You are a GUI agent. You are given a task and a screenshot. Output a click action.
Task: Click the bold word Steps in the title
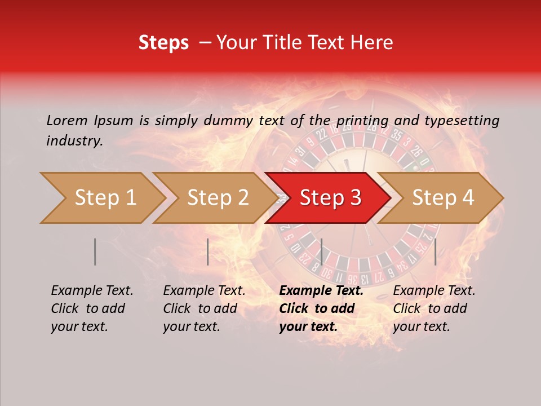click(163, 43)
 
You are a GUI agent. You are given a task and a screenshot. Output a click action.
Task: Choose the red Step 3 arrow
click(330, 198)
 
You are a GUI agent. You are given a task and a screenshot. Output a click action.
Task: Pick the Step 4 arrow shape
click(443, 198)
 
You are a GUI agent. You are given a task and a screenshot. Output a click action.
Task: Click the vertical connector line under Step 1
click(95, 251)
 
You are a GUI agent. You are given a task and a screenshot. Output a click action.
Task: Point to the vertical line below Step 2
click(208, 251)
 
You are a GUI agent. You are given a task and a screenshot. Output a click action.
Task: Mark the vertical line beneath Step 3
click(321, 251)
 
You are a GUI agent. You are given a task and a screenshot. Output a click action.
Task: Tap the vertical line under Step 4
click(436, 251)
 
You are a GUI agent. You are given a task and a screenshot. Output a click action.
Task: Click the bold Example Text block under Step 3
click(321, 308)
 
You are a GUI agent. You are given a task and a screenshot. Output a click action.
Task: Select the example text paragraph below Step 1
click(92, 308)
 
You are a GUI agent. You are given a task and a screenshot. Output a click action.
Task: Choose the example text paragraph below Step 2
click(204, 308)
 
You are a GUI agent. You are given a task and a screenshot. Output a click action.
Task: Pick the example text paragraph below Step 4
click(434, 308)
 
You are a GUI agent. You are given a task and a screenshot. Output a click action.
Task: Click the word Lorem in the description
click(67, 120)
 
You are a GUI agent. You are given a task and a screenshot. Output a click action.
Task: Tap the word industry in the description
click(74, 141)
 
